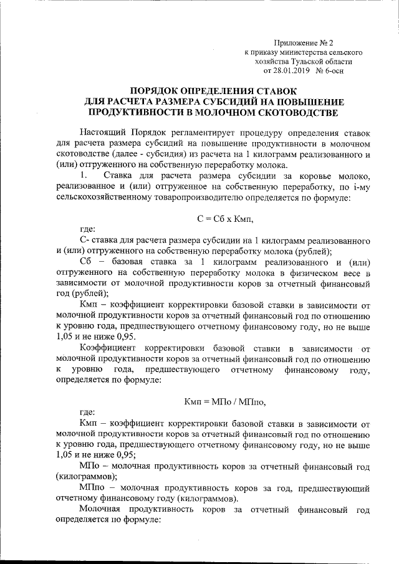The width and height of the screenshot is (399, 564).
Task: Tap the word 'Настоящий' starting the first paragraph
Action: [x=104, y=133]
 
